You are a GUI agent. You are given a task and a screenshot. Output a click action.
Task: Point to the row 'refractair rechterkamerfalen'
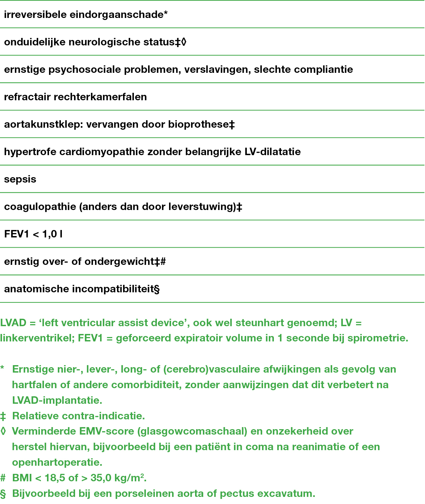[75, 97]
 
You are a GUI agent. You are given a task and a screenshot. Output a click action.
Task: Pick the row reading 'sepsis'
[20, 180]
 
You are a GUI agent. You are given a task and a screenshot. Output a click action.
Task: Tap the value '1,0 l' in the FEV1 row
[52, 234]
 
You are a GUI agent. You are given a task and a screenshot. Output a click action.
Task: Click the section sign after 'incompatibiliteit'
[157, 289]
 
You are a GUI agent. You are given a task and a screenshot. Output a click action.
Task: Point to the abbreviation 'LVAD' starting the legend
[14, 323]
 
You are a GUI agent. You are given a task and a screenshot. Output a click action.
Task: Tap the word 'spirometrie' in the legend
[378, 338]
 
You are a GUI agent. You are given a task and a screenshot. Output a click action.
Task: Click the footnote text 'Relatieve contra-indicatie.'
[78, 416]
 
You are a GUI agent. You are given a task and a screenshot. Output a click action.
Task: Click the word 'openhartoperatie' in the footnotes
[57, 462]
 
